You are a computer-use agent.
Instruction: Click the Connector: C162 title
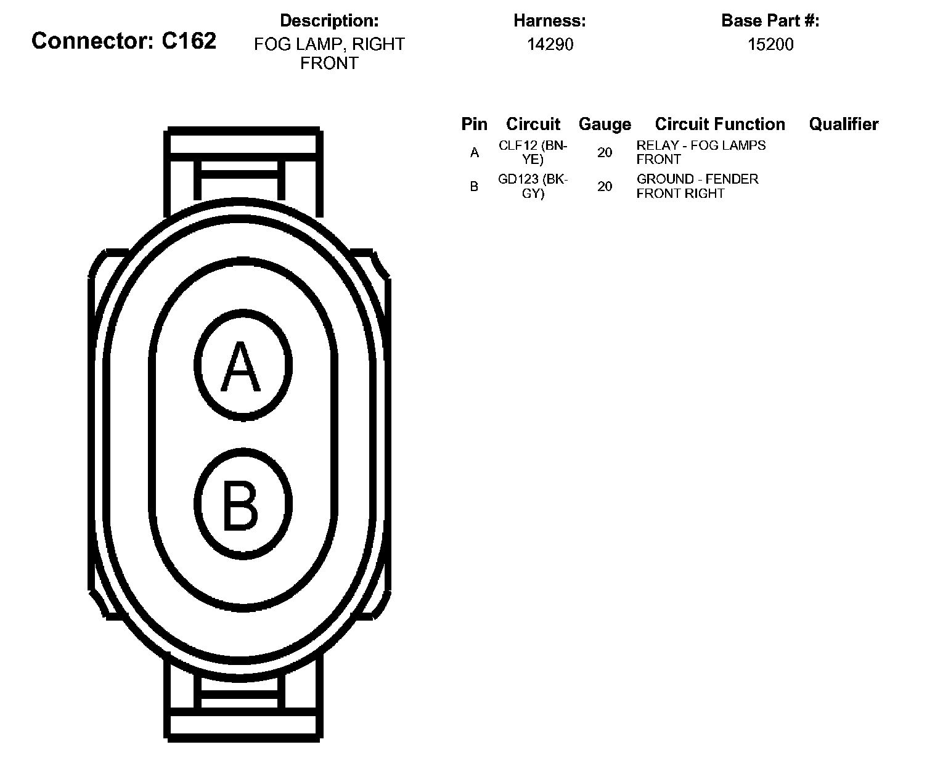124,41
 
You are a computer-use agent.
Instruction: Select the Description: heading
329,20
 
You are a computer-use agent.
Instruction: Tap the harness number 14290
550,44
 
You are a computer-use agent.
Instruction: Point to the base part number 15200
770,44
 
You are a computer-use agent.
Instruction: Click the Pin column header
474,124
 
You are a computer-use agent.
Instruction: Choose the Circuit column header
533,124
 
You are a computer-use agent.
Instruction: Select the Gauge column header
605,124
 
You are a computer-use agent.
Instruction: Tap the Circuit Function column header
720,124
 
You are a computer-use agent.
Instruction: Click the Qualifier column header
843,124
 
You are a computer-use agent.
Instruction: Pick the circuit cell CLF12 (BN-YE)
533,152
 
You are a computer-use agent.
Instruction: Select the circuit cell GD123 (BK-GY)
533,186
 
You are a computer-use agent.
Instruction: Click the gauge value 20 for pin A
605,152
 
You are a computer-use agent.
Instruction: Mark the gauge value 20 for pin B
605,186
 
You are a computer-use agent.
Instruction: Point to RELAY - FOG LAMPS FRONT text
701,152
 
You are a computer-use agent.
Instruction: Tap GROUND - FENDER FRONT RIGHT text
697,186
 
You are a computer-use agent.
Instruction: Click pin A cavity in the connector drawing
243,366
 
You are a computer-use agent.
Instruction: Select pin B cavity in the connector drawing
243,504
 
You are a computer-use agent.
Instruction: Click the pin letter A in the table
474,152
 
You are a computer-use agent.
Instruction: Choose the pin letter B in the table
474,186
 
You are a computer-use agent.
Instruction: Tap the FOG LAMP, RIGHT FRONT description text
329,54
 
